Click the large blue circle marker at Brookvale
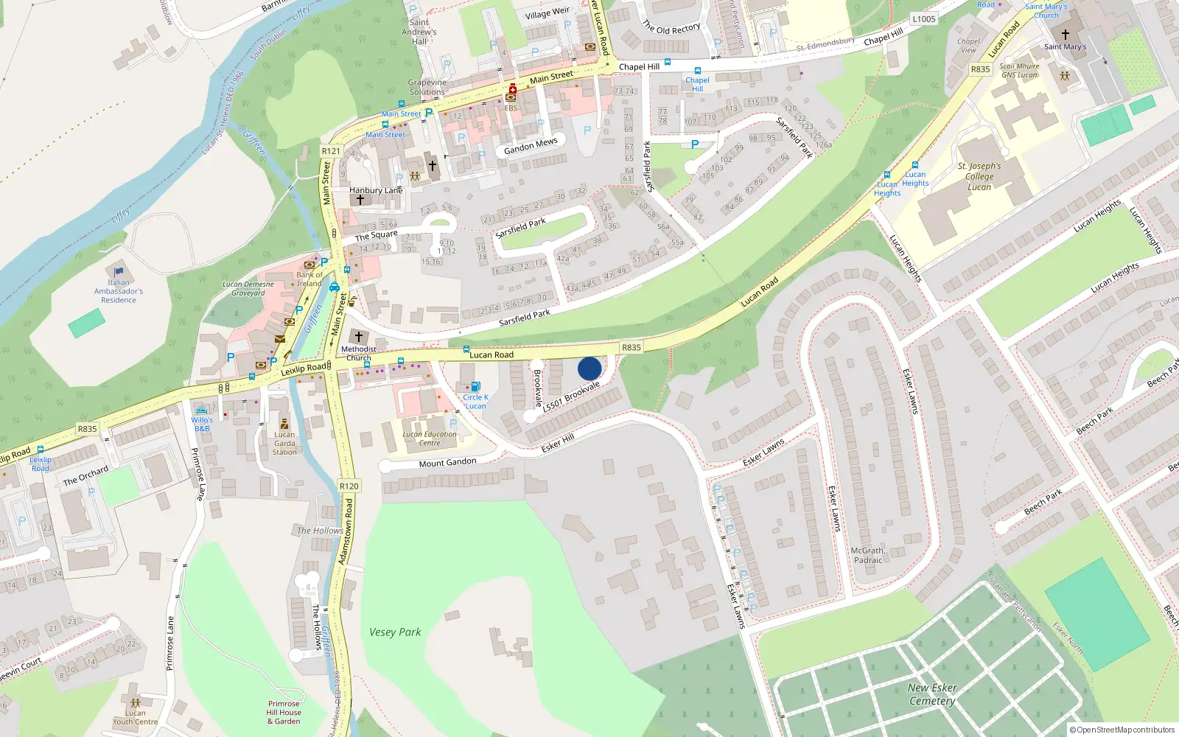click(589, 368)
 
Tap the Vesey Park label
click(395, 632)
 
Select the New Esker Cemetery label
click(932, 694)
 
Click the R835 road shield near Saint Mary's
click(980, 69)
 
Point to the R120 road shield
click(349, 486)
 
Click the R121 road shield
click(331, 151)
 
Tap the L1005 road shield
click(923, 20)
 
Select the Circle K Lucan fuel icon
click(475, 386)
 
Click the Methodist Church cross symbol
click(359, 337)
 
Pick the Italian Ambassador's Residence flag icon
click(119, 271)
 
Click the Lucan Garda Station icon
click(284, 424)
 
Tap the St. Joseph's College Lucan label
click(979, 177)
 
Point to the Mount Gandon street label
click(447, 463)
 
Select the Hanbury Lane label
click(376, 190)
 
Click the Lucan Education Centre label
click(430, 439)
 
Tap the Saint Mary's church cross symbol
click(1065, 35)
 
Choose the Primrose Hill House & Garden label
click(284, 713)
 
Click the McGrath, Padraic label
click(868, 555)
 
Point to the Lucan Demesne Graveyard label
click(248, 288)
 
